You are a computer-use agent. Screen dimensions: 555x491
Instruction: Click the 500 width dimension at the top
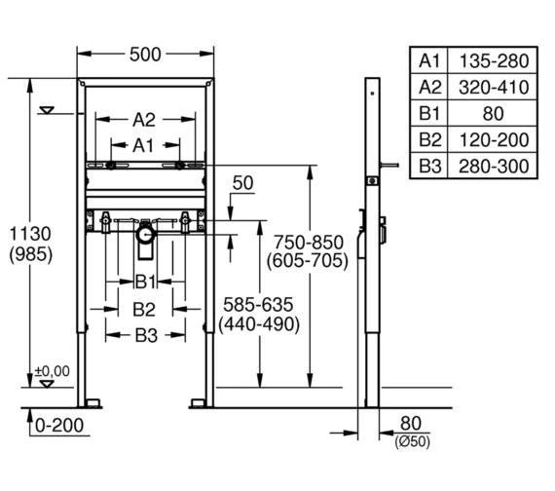point(145,55)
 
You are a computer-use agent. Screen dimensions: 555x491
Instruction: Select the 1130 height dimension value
point(30,234)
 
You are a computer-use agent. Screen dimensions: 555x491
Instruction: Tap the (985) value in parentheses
point(31,254)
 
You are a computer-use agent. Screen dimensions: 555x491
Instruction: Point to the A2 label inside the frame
point(144,120)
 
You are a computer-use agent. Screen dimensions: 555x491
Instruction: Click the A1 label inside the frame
point(143,145)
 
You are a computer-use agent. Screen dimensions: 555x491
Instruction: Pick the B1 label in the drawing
point(145,282)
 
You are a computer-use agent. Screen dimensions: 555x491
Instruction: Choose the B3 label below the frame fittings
point(146,335)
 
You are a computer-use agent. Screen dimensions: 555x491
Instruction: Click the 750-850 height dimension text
point(309,243)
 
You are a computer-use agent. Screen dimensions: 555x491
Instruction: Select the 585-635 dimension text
point(258,305)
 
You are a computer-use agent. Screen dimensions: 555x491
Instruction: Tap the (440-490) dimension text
point(259,324)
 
